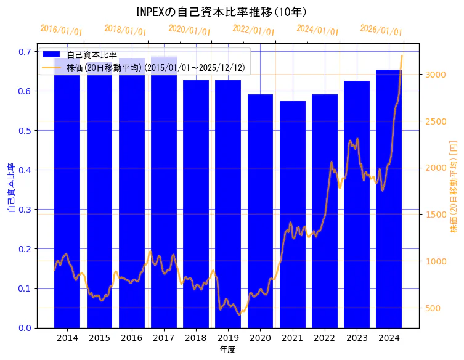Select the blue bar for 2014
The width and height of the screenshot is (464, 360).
point(67,197)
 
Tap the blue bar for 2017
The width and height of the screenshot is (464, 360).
point(164,197)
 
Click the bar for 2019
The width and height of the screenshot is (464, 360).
point(228,203)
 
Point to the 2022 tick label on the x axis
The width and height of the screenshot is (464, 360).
point(324,338)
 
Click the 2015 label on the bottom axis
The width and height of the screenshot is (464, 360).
point(99,338)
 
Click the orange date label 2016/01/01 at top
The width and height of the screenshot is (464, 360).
point(61,30)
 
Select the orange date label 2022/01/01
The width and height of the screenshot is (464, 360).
point(253,30)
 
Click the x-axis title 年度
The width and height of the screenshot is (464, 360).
point(227,350)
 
